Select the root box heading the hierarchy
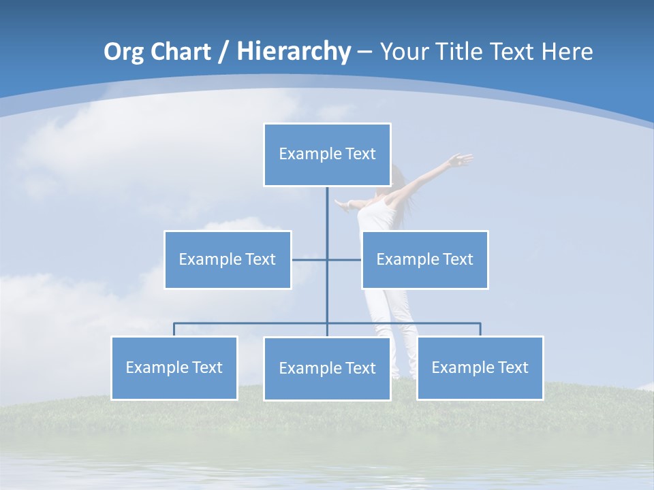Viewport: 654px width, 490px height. point(327,154)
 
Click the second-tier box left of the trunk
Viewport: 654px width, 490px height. point(228,259)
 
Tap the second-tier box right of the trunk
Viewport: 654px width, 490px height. point(424,259)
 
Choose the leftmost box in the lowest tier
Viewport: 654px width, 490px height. point(174,367)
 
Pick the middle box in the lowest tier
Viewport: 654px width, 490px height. point(327,368)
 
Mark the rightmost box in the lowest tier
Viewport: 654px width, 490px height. point(480,367)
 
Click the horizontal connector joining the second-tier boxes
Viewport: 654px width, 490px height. point(344,259)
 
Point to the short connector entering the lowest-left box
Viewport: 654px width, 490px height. point(174,329)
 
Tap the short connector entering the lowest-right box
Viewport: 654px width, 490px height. point(480,329)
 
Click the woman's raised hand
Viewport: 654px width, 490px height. point(462,161)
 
